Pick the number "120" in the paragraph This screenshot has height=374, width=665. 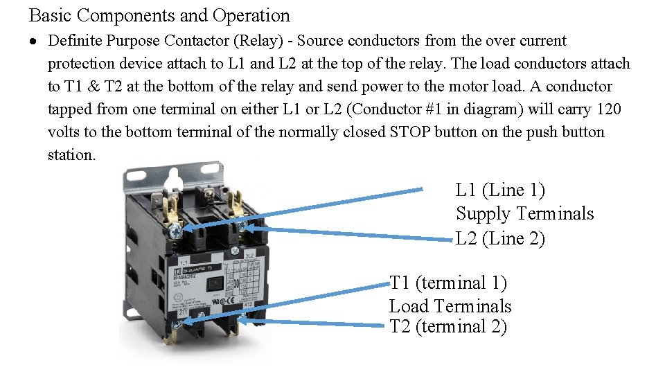point(608,109)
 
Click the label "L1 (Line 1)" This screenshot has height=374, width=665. point(500,190)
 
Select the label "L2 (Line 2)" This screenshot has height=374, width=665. point(500,239)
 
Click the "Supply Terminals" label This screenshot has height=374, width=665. point(524,214)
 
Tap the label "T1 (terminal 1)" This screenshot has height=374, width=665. point(448,283)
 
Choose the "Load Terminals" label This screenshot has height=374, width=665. point(450,306)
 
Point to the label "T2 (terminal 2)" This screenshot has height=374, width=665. point(448,327)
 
